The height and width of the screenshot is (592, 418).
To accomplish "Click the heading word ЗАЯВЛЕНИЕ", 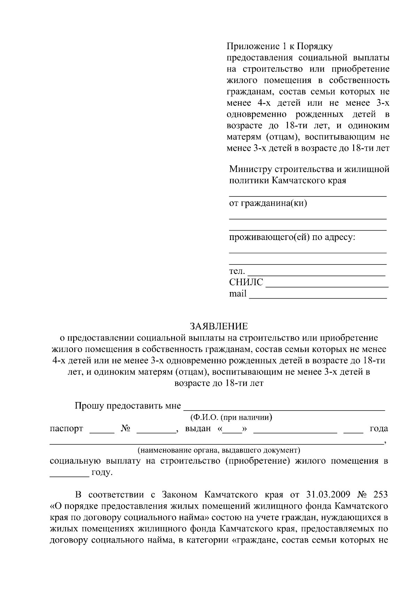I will click(218, 327).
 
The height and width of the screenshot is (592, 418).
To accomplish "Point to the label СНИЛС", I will click(246, 282).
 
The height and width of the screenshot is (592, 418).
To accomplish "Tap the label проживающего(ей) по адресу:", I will click(292, 238).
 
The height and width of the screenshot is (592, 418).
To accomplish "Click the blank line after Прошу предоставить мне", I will click(284, 409).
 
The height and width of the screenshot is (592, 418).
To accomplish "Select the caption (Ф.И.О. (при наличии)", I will click(231, 417).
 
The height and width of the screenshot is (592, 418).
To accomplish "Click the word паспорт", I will click(67, 428).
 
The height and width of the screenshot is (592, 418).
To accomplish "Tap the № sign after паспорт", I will click(125, 428).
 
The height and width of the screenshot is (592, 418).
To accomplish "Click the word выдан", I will click(198, 428).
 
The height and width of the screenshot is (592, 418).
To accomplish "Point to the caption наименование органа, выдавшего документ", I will click(219, 450).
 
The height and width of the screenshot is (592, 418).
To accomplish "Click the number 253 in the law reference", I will click(380, 495).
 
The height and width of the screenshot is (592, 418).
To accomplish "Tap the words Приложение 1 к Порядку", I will click(280, 46).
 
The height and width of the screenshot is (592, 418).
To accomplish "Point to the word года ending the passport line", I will click(379, 428).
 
